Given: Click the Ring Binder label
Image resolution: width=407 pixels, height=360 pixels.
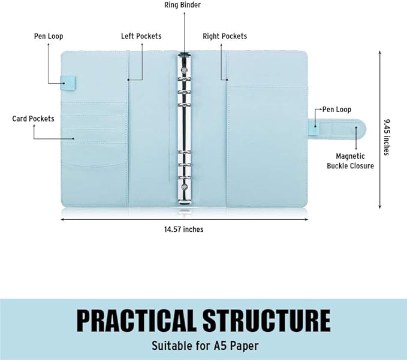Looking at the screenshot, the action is pyautogui.click(x=182, y=5).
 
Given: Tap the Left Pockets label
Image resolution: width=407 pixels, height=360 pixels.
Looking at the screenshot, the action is pyautogui.click(x=141, y=36).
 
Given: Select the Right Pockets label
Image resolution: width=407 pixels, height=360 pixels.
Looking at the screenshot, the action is pyautogui.click(x=225, y=36).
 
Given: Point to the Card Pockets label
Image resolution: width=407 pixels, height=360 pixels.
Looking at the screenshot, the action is pyautogui.click(x=33, y=119).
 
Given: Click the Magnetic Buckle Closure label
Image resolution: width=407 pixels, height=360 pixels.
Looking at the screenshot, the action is pyautogui.click(x=350, y=161).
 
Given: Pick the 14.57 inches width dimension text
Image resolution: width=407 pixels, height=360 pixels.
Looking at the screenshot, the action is pyautogui.click(x=184, y=229).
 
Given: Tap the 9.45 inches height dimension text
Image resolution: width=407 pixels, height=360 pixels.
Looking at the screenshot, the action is pyautogui.click(x=387, y=137).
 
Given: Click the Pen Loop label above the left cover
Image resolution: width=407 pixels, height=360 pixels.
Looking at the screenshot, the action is pyautogui.click(x=49, y=36).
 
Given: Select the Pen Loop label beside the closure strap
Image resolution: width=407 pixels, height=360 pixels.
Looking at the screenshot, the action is pyautogui.click(x=337, y=110).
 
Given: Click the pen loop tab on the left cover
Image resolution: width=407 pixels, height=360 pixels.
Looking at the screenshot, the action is pyautogui.click(x=68, y=83).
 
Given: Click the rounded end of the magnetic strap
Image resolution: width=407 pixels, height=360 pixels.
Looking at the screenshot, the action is pyautogui.click(x=361, y=127).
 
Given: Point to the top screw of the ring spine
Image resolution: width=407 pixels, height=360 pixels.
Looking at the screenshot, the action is pyautogui.click(x=184, y=69).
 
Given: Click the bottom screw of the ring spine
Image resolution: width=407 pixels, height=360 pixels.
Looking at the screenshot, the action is pyautogui.click(x=184, y=187).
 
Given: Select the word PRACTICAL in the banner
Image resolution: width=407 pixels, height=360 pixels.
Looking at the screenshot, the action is pyautogui.click(x=135, y=320).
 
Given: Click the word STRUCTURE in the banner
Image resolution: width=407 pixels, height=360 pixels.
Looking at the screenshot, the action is pyautogui.click(x=267, y=320).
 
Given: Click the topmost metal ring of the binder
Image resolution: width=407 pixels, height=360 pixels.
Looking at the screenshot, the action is pyautogui.click(x=184, y=79).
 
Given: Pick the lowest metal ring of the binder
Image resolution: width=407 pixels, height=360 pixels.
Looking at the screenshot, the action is pyautogui.click(x=184, y=178).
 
